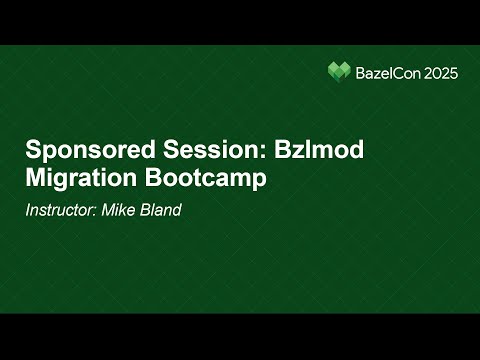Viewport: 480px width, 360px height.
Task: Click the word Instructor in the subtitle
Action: point(61,210)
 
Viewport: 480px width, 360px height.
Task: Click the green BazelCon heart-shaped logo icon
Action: point(340,72)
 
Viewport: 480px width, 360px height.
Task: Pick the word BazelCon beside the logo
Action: point(387,72)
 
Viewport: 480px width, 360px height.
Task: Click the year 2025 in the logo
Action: point(440,72)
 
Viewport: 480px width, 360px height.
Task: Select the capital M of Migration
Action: point(35,180)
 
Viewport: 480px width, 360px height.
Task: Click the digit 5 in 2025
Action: point(453,72)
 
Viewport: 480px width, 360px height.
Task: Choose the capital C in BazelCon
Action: point(396,72)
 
